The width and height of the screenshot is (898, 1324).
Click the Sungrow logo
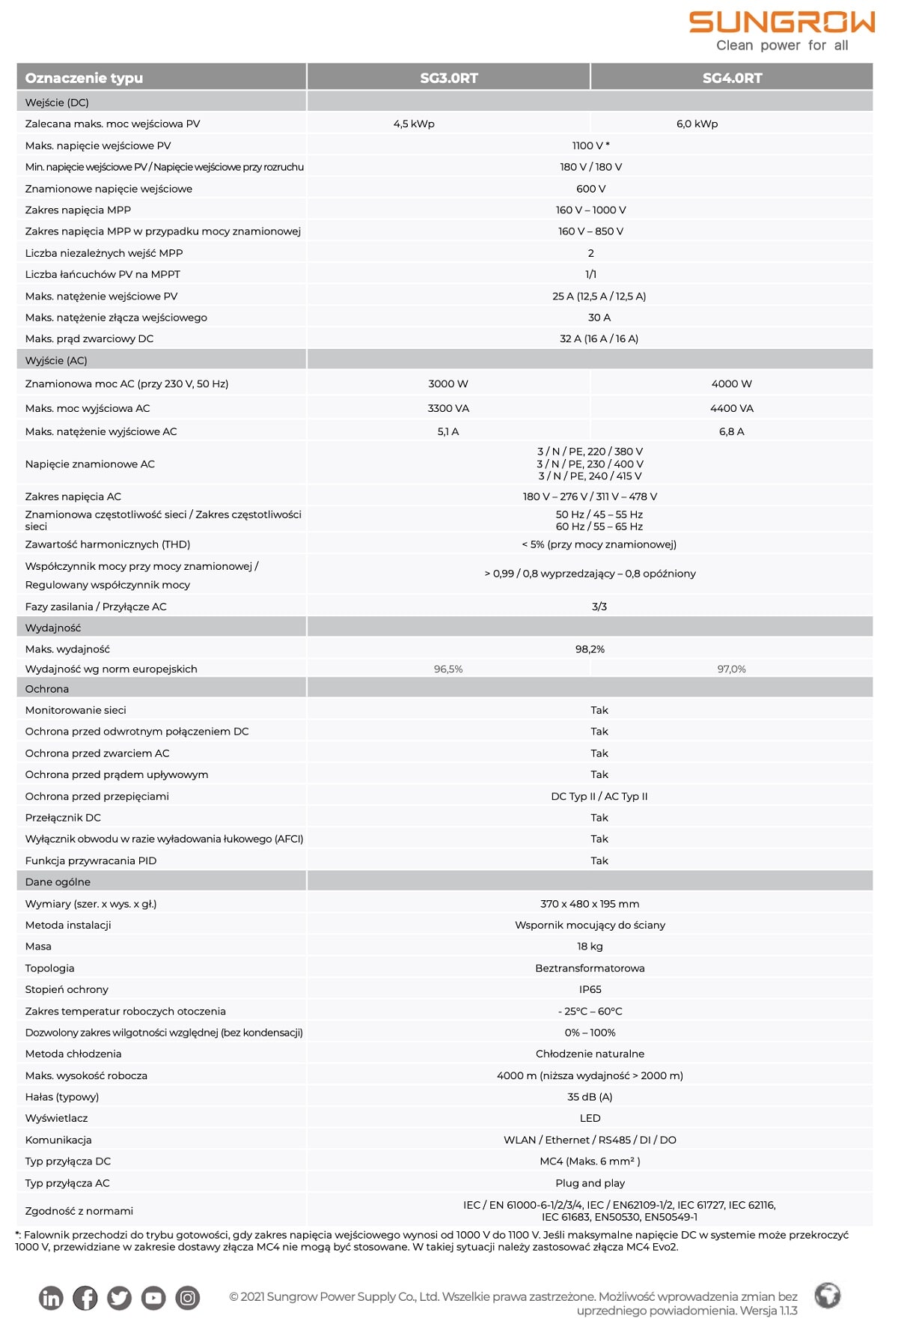[781, 31]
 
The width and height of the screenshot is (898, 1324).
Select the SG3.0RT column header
[448, 78]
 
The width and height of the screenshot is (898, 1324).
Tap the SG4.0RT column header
[732, 78]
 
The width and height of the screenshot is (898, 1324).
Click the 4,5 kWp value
[414, 124]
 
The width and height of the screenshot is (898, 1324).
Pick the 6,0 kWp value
[697, 124]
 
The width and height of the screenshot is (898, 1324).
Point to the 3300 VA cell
[448, 408]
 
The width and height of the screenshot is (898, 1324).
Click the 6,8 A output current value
[731, 431]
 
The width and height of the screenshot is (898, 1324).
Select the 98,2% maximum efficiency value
[590, 649]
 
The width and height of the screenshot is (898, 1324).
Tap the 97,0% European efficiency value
[731, 669]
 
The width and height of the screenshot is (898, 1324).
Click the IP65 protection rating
[590, 989]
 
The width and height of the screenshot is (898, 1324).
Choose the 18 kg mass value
[590, 947]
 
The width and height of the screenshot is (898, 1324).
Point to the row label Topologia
[49, 968]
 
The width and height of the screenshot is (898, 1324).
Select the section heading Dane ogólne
[58, 882]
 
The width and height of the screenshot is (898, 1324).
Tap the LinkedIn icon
[51, 1298]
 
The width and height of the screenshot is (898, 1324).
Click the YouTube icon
[153, 1298]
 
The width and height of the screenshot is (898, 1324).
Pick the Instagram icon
[188, 1298]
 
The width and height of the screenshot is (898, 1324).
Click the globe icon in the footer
[828, 1296]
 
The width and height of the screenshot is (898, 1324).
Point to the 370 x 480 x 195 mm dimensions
[590, 904]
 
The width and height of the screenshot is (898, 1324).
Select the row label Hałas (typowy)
[62, 1097]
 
